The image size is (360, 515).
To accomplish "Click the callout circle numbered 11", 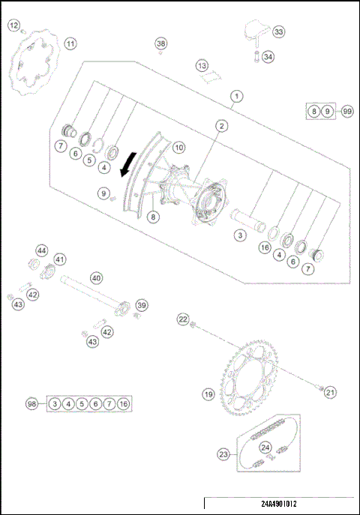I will pyautogui.click(x=70, y=43).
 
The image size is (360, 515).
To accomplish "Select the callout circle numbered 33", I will pyautogui.click(x=279, y=32).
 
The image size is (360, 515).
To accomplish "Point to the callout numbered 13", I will pyautogui.click(x=202, y=66).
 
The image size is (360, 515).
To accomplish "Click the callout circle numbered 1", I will pyautogui.click(x=237, y=96).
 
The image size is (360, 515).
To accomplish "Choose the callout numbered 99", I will pyautogui.click(x=347, y=111).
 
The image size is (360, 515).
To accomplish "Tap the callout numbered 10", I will pyautogui.click(x=178, y=148).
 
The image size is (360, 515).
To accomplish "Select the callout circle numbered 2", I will pyautogui.click(x=222, y=126).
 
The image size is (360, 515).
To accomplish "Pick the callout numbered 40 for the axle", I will pyautogui.click(x=96, y=277).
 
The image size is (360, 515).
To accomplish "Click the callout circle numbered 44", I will pyautogui.click(x=42, y=250).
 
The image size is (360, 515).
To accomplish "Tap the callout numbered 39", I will pyautogui.click(x=142, y=304).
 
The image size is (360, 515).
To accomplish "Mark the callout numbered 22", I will pyautogui.click(x=183, y=319).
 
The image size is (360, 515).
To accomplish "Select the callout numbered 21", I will pyautogui.click(x=331, y=391).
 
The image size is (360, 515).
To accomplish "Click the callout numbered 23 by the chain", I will pyautogui.click(x=223, y=454).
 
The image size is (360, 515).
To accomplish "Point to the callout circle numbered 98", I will pyautogui.click(x=31, y=404).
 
